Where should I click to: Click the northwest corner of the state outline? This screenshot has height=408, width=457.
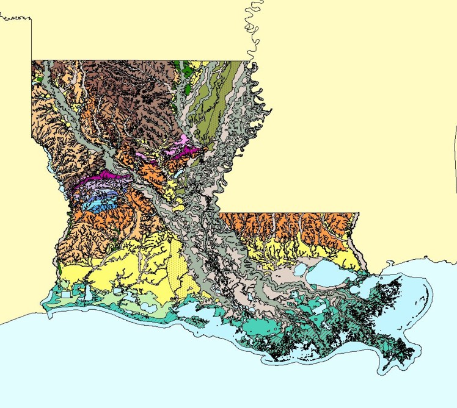(32, 60)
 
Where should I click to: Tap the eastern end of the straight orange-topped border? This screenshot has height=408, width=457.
(359, 213)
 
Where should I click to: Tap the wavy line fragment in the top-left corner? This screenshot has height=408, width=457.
(15, 18)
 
